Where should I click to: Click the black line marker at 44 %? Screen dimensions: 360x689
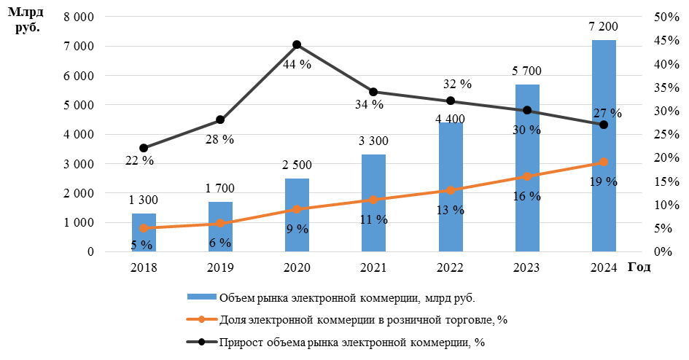point(297,45)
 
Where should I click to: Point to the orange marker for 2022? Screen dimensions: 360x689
point(451,190)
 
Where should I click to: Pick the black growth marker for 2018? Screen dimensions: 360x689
point(144,148)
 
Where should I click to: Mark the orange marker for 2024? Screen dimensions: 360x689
point(604,162)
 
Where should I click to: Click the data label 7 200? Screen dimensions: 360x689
point(604,27)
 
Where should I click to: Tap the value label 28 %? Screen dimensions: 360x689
point(219,139)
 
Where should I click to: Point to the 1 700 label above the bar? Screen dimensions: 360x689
point(219,189)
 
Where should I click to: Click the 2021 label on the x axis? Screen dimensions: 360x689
point(373,267)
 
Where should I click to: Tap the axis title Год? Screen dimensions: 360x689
point(639,267)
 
